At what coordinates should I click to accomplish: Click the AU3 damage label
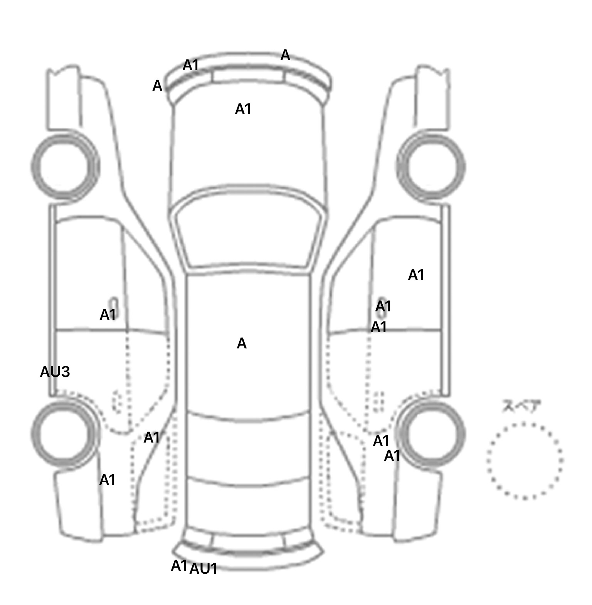pyautogui.click(x=55, y=372)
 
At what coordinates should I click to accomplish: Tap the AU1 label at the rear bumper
pyautogui.click(x=203, y=568)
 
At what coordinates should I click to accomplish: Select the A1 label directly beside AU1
pyautogui.click(x=179, y=566)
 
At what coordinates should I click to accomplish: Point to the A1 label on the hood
pyautogui.click(x=243, y=109)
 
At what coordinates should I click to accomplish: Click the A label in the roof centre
pyautogui.click(x=241, y=343)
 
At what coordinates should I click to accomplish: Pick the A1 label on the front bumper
pyautogui.click(x=190, y=66)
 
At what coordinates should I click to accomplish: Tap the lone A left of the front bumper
pyautogui.click(x=157, y=86)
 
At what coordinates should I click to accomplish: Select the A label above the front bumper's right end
pyautogui.click(x=285, y=55)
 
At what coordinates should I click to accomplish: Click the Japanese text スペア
pyautogui.click(x=521, y=407)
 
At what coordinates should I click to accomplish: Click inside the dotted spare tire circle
pyautogui.click(x=525, y=460)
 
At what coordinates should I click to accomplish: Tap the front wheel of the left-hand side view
pyautogui.click(x=65, y=166)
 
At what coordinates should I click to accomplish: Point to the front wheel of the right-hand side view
pyautogui.click(x=431, y=166)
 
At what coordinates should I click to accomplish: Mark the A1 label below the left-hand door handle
pyautogui.click(x=108, y=315)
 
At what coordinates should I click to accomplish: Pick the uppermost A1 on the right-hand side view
pyautogui.click(x=416, y=275)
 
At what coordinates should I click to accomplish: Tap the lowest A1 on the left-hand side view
pyautogui.click(x=107, y=480)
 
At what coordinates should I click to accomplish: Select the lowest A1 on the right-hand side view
pyautogui.click(x=392, y=456)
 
